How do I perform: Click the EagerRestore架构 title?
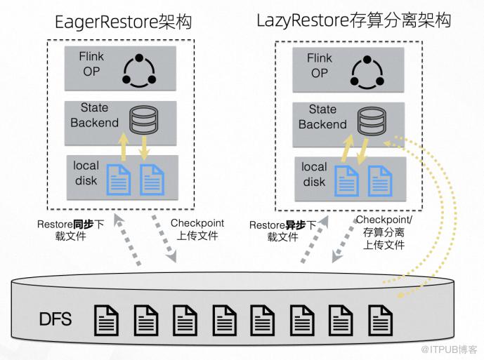click(x=124, y=22)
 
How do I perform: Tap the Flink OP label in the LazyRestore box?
click(x=319, y=65)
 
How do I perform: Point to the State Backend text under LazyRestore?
click(x=322, y=117)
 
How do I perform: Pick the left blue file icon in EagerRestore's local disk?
click(x=118, y=179)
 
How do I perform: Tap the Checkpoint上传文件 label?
click(x=198, y=229)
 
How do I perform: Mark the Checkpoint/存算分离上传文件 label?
click(x=385, y=232)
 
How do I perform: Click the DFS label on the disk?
click(x=55, y=321)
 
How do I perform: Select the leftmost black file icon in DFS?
click(x=107, y=320)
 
